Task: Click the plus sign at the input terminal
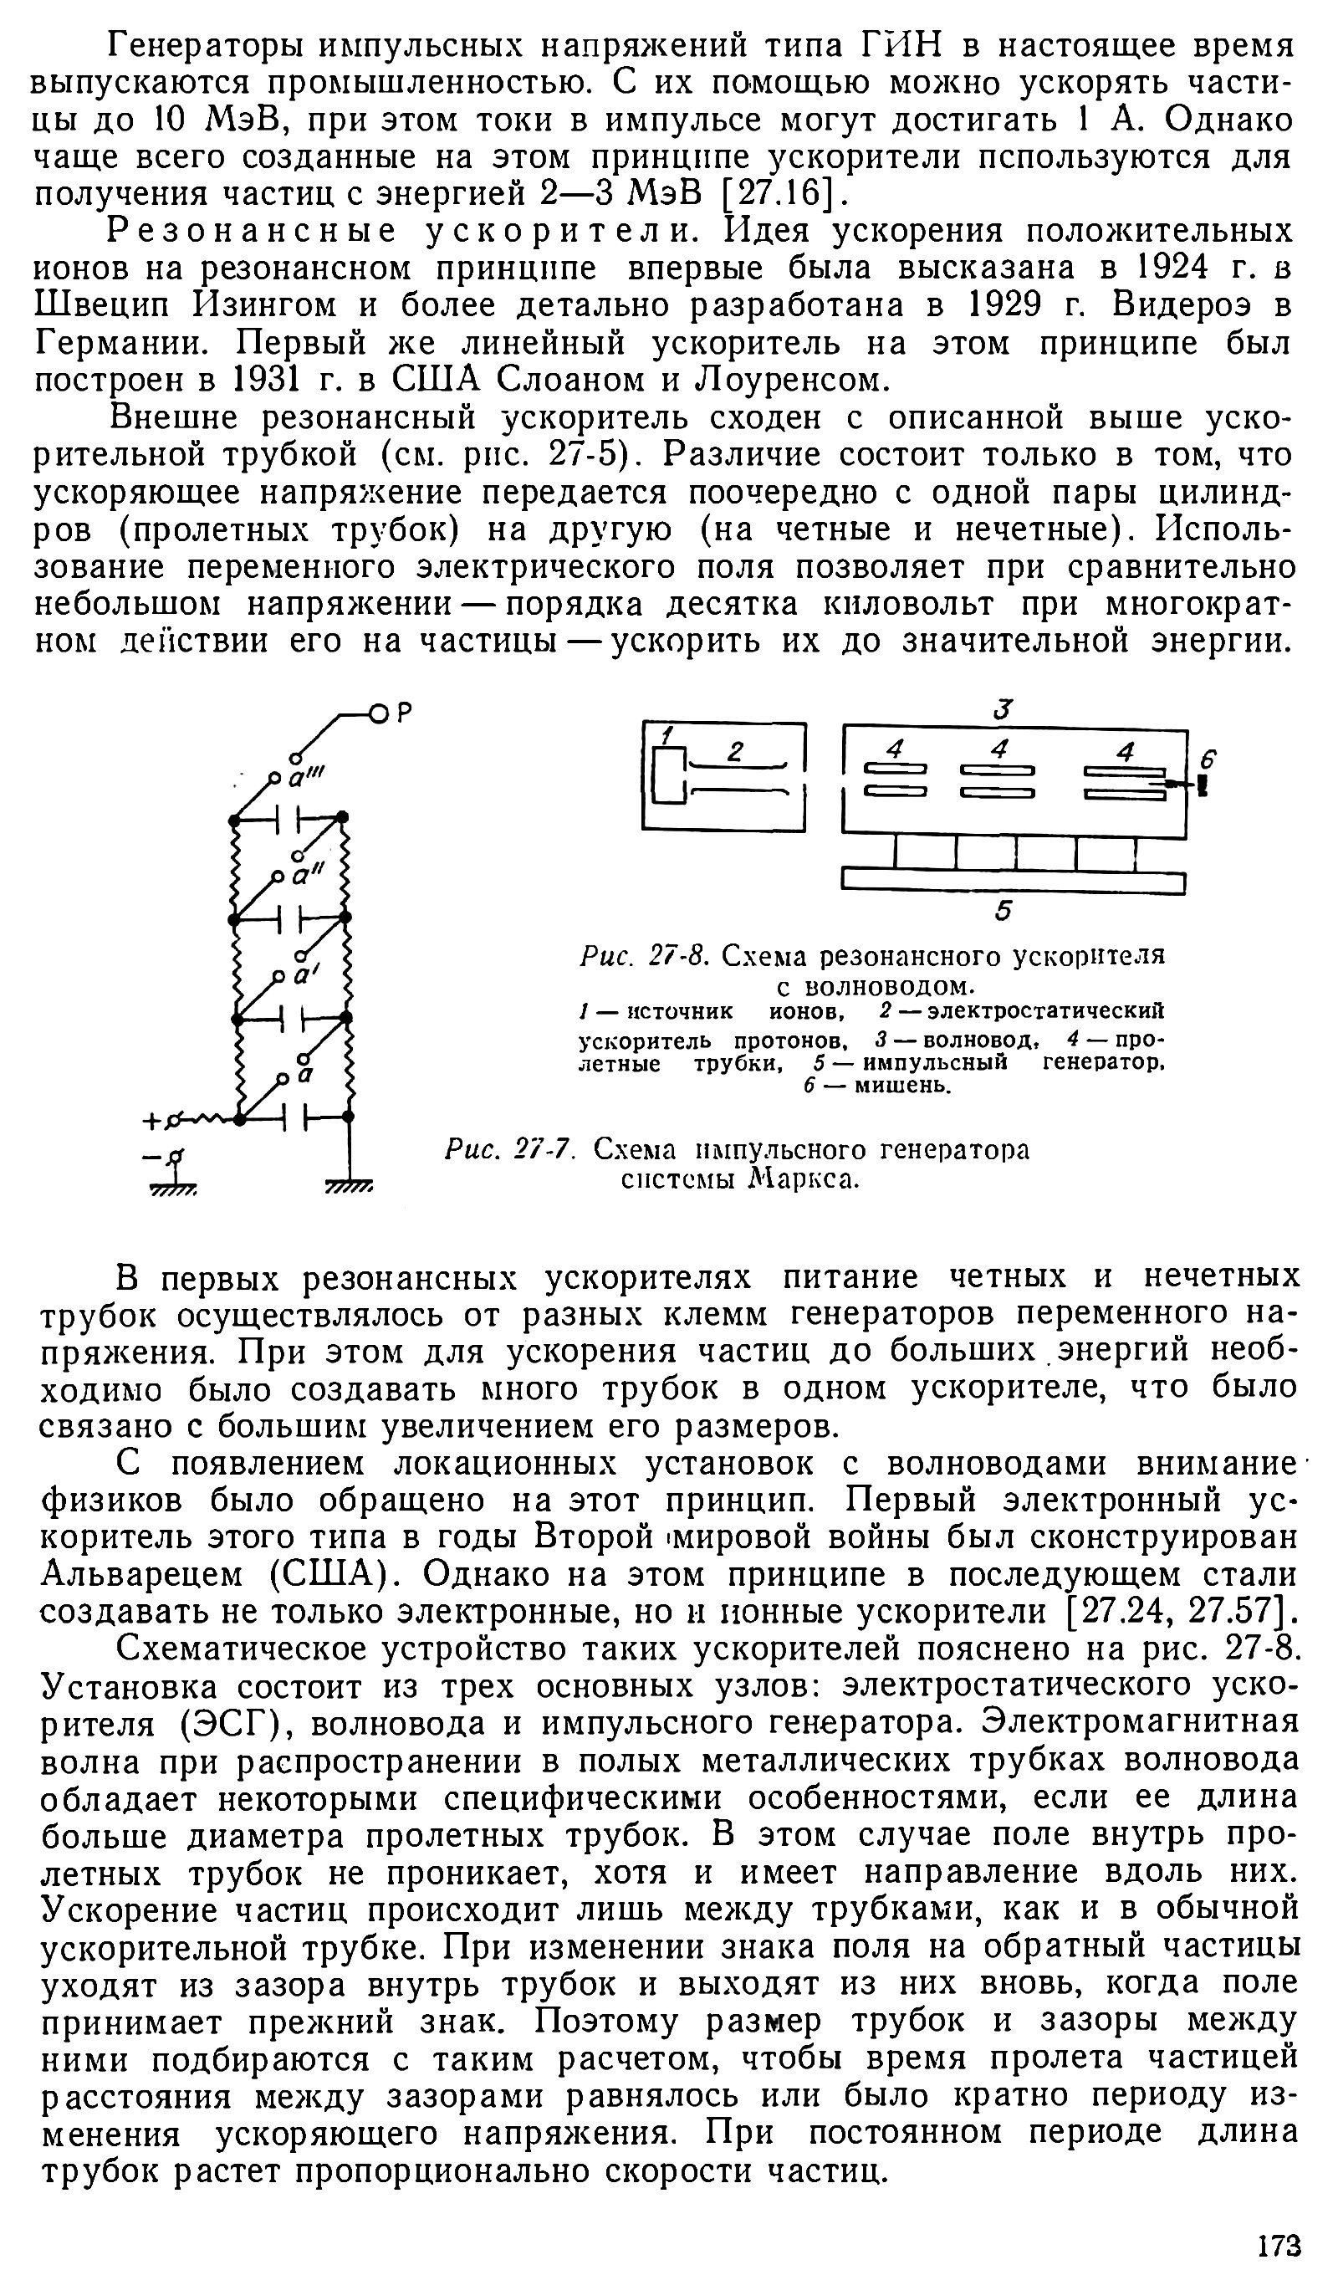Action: pos(149,1122)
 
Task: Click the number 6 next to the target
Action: pos(1208,761)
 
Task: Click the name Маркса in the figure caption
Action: pos(799,1179)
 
